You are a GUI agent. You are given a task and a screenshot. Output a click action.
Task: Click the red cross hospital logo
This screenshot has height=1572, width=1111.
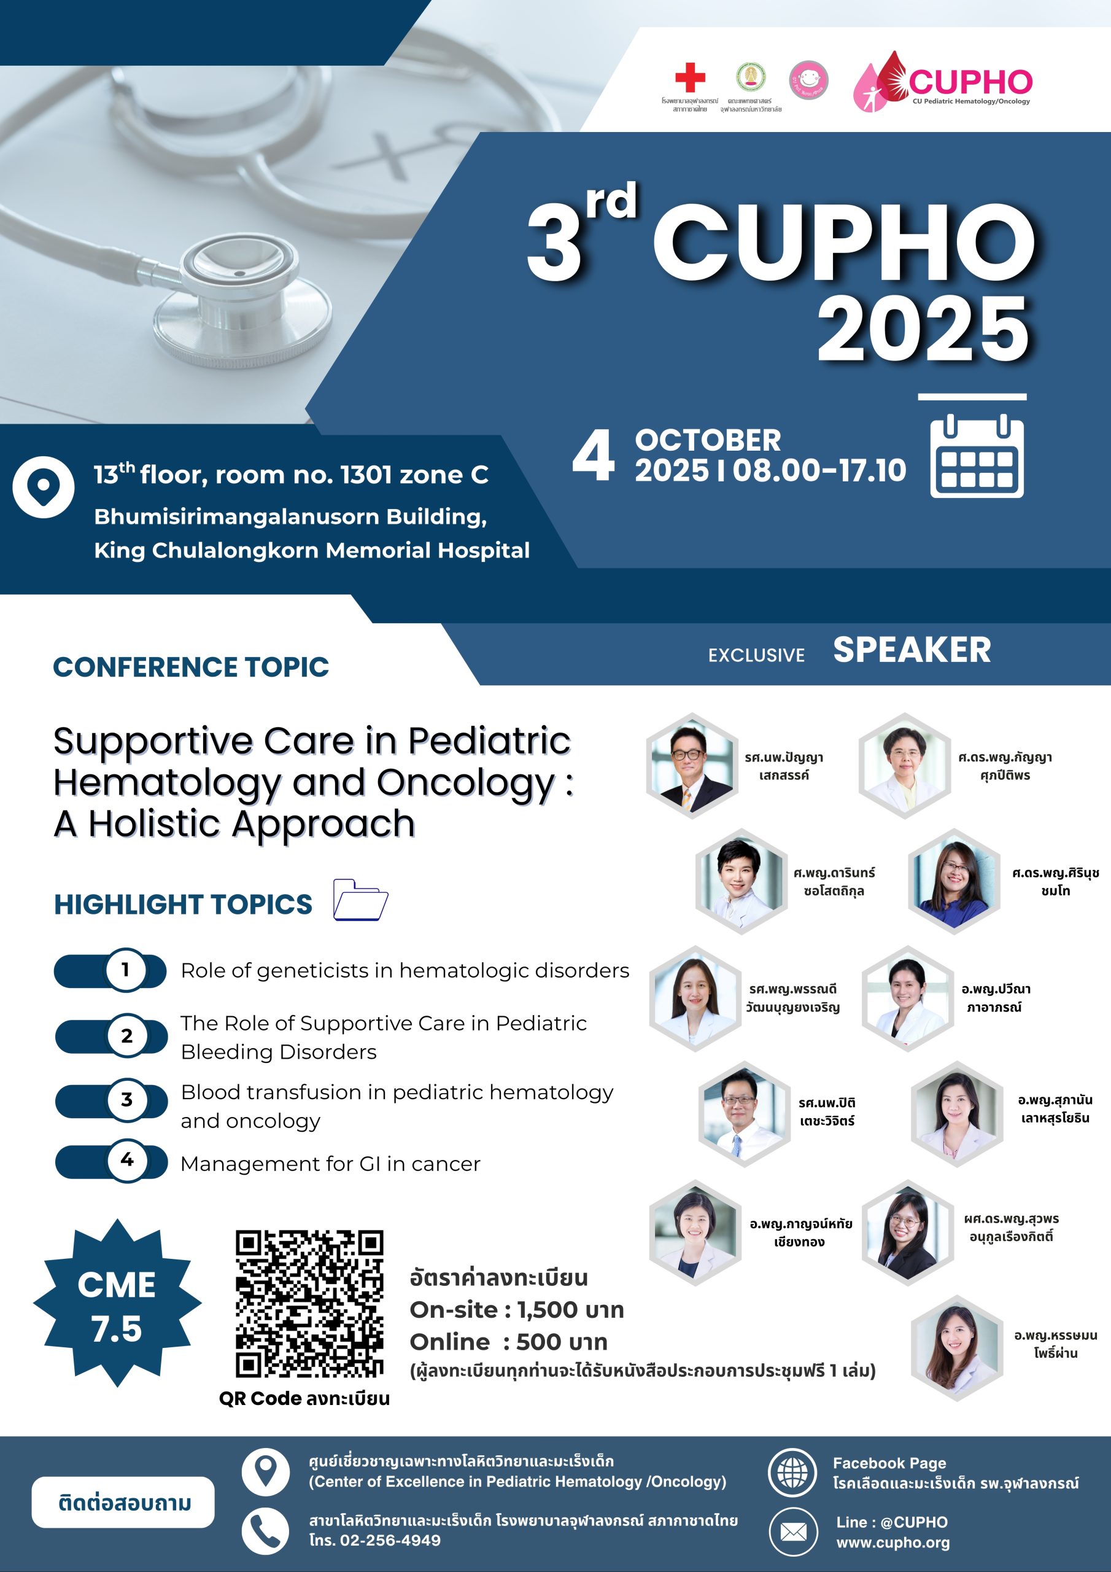(x=690, y=77)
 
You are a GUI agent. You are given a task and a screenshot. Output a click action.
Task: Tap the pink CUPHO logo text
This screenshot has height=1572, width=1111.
(x=970, y=82)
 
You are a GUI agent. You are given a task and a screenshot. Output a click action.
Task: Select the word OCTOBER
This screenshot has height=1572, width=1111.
(x=708, y=440)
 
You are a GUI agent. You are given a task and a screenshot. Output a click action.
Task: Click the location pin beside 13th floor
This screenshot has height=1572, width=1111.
(x=43, y=487)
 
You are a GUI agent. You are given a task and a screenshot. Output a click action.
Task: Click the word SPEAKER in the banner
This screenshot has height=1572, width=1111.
(x=912, y=650)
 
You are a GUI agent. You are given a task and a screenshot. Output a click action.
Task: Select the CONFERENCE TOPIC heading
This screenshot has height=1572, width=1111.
(x=191, y=667)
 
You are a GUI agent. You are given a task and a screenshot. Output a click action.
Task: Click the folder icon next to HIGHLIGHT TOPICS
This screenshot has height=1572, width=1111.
(x=361, y=900)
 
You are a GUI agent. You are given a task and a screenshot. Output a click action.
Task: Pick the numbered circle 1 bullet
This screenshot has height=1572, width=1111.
(x=125, y=970)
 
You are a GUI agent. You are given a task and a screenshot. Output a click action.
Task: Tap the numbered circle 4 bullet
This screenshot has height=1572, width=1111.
(x=126, y=1160)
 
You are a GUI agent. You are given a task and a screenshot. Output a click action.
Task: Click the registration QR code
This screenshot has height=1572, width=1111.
(x=309, y=1304)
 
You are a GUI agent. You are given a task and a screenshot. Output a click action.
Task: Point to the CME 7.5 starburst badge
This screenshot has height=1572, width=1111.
(x=117, y=1304)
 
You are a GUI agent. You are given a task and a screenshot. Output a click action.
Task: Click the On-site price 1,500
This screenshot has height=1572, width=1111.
(x=548, y=1310)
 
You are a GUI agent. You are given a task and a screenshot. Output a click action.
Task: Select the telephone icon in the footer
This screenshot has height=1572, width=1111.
(x=266, y=1530)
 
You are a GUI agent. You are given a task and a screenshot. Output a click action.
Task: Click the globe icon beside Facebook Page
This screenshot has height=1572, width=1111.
(x=792, y=1473)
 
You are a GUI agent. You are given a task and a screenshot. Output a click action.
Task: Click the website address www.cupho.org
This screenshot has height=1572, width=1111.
(x=892, y=1543)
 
